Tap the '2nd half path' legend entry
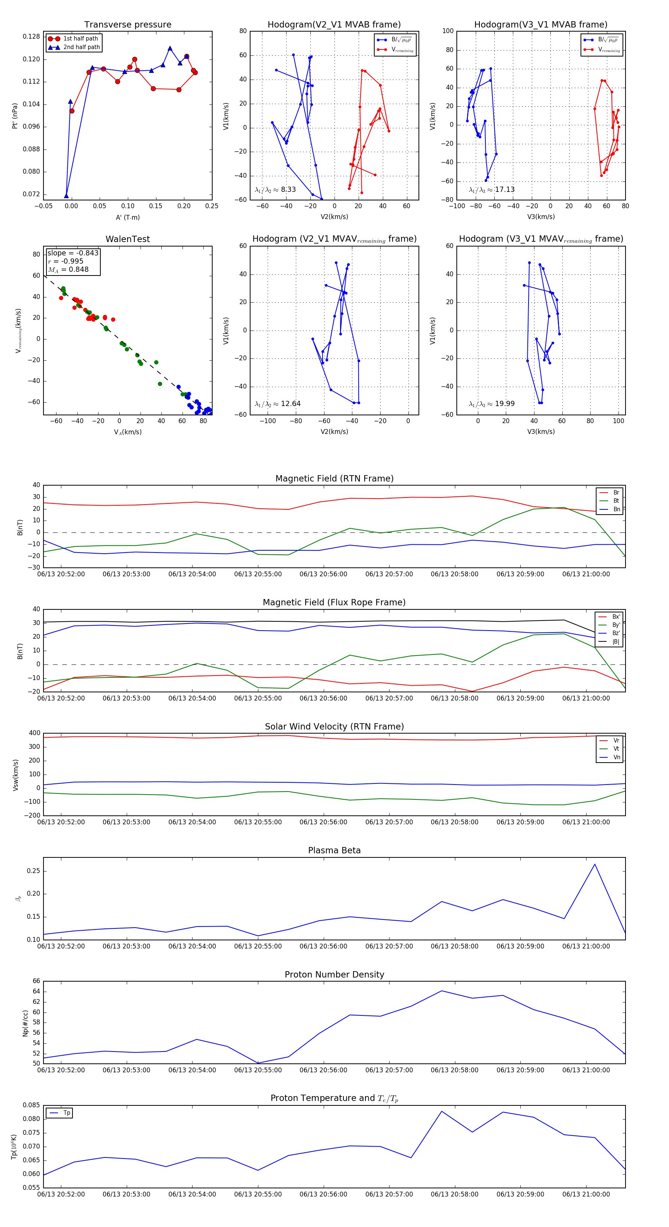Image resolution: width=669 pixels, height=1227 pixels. click(81, 47)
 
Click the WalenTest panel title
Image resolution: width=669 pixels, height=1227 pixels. click(127, 239)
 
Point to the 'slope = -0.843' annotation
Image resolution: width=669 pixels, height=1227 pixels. click(73, 253)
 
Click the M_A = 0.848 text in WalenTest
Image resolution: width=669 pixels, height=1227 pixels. click(68, 270)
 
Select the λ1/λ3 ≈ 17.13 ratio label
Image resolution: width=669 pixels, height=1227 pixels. click(492, 190)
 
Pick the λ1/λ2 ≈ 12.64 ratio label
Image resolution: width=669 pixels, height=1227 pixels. click(278, 404)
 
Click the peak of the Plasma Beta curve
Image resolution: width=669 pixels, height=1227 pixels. click(594, 864)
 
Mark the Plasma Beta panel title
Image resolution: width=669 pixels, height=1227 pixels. click(334, 850)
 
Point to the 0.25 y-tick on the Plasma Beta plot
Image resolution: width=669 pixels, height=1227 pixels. click(33, 871)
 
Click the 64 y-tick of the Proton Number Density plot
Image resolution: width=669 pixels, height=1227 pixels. click(36, 991)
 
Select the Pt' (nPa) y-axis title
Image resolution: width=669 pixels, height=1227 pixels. click(15, 116)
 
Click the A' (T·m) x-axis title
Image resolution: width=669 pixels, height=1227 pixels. click(127, 217)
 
